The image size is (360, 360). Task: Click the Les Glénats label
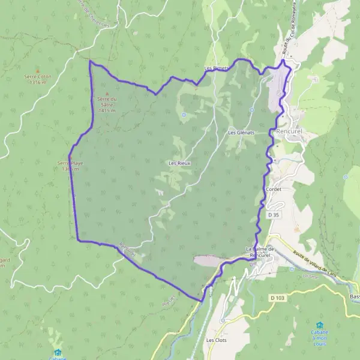click(x=241, y=132)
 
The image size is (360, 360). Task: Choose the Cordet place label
click(x=273, y=188)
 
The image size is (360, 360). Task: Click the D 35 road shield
click(x=274, y=214)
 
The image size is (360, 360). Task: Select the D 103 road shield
click(x=276, y=297)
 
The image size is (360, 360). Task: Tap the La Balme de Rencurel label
click(x=260, y=251)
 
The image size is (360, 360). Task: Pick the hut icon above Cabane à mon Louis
click(x=319, y=325)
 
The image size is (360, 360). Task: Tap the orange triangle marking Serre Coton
click(x=37, y=71)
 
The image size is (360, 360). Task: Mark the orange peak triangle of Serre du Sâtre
click(x=108, y=93)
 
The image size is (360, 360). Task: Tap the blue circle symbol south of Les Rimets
click(x=184, y=115)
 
